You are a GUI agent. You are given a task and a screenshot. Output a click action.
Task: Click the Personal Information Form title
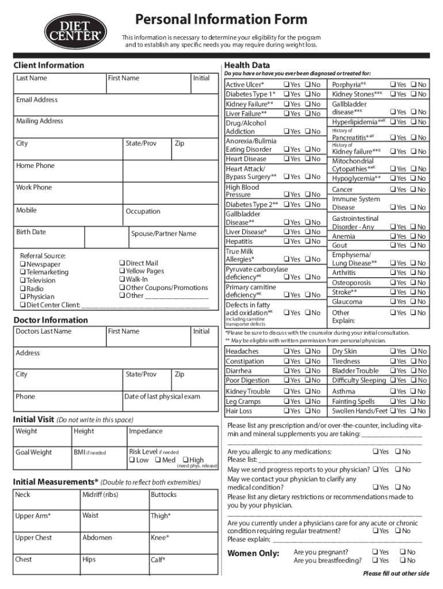click(221, 19)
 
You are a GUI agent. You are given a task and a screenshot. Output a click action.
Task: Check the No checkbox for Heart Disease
click(308, 159)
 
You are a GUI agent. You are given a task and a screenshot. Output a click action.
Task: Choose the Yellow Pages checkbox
click(122, 271)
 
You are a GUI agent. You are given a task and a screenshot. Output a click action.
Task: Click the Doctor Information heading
click(51, 320)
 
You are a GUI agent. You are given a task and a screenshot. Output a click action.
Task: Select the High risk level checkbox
click(185, 460)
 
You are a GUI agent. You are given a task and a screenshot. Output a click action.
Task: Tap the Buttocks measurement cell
click(182, 498)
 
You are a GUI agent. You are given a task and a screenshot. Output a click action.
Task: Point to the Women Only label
click(254, 554)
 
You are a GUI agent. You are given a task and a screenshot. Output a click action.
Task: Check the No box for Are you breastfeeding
click(403, 561)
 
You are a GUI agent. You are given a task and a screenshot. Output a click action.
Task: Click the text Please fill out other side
click(396, 573)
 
